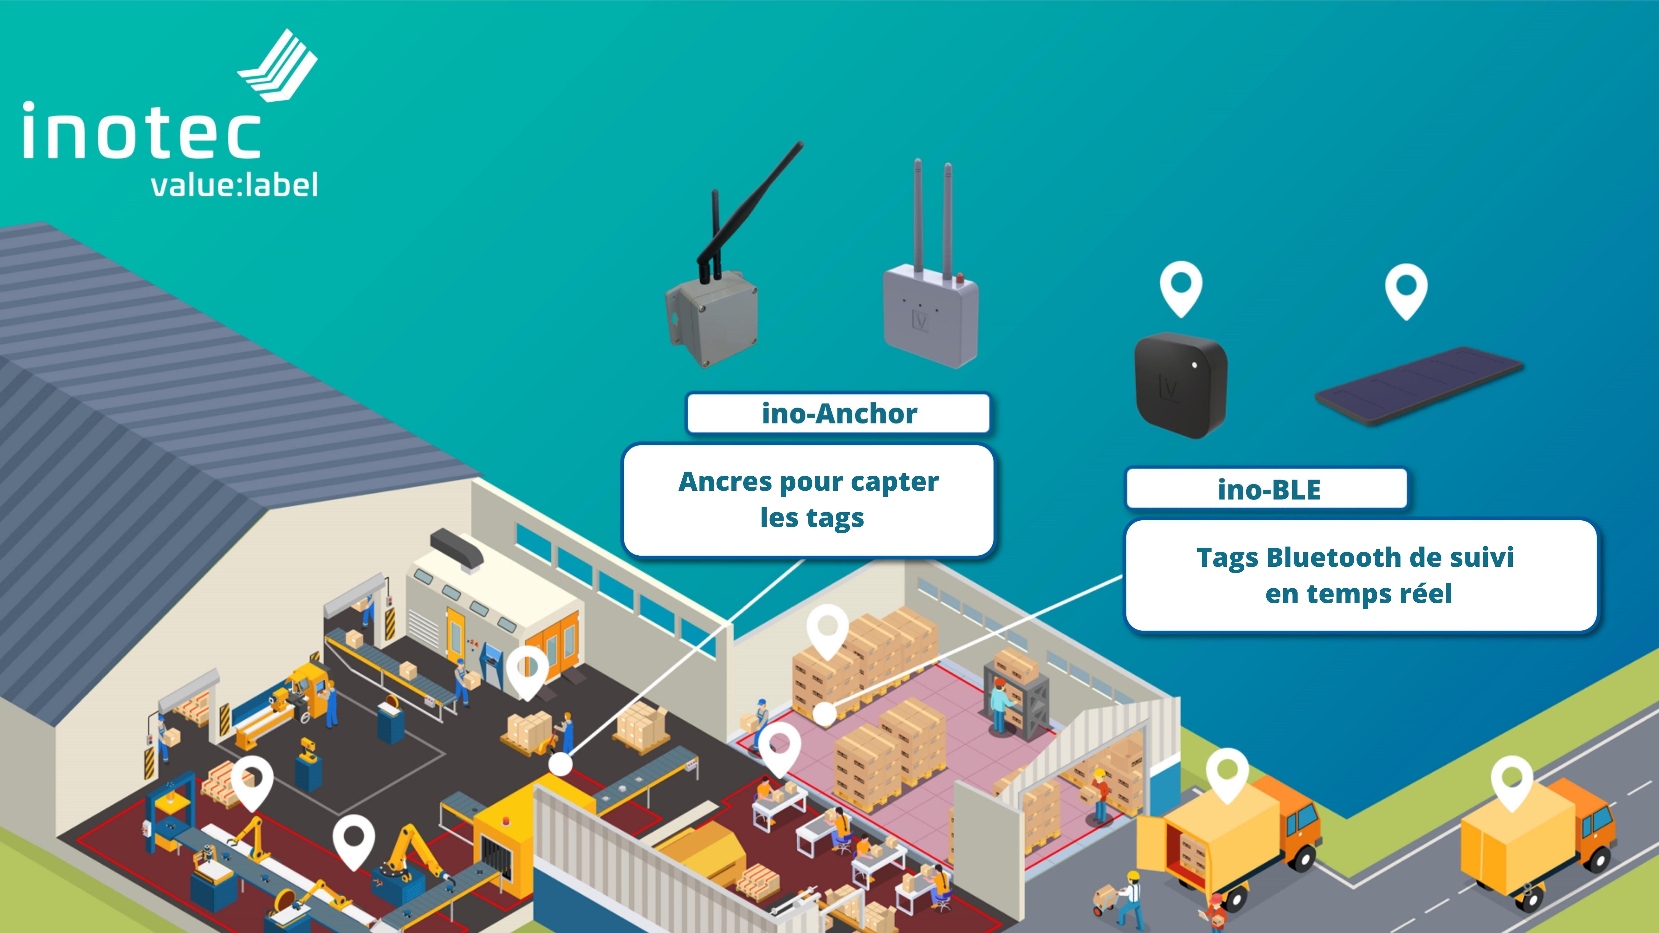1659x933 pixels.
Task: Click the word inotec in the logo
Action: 142,132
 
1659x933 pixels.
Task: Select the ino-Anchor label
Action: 839,413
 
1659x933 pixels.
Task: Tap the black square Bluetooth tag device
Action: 1180,385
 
